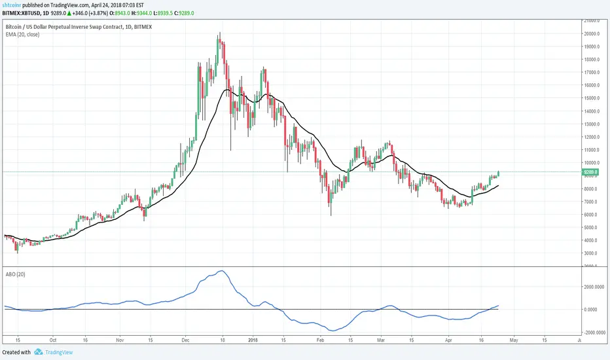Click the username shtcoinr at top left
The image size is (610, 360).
14,4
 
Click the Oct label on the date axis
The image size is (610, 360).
54,341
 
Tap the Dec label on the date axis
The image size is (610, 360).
186,341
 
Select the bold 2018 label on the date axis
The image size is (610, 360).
253,341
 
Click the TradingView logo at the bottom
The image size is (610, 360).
56,352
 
